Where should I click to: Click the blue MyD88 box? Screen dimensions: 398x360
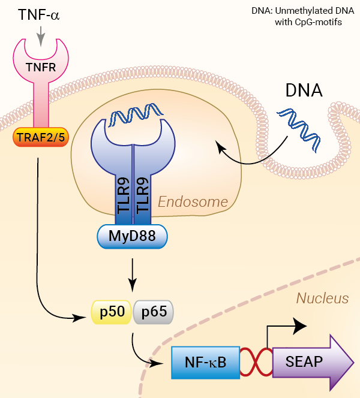point(132,236)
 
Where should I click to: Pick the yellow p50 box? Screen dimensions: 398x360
point(111,312)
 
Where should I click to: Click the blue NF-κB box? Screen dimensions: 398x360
point(205,362)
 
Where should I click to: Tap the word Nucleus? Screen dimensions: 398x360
point(322,298)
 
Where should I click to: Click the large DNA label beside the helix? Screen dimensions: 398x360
point(303,91)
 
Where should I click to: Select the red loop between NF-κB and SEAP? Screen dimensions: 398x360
point(256,363)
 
